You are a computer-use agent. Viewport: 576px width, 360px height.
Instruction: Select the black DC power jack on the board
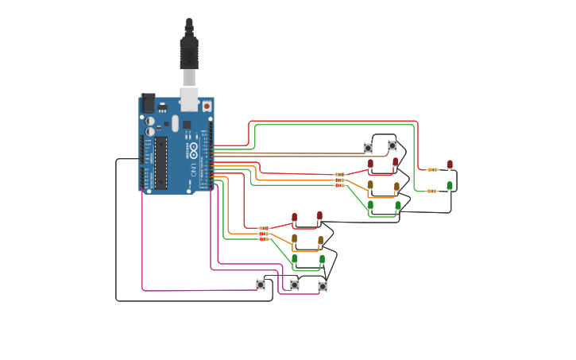pyautogui.click(x=148, y=103)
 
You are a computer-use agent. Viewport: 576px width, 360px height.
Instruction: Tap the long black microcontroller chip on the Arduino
pyautogui.click(x=160, y=163)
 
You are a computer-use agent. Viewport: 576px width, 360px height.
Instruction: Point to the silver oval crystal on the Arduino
pyautogui.click(x=175, y=123)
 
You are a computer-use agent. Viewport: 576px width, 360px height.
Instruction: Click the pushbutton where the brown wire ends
pyautogui.click(x=392, y=145)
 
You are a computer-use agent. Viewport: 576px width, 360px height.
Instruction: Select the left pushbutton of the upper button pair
pyautogui.click(x=368, y=148)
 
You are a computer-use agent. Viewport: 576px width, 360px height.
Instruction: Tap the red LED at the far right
pyautogui.click(x=450, y=165)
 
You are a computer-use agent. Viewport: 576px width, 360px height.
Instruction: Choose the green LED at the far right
pyautogui.click(x=450, y=185)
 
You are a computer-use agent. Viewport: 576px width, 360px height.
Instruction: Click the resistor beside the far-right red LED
pyautogui.click(x=432, y=169)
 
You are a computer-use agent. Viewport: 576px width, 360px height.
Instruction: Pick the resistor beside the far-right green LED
pyautogui.click(x=432, y=191)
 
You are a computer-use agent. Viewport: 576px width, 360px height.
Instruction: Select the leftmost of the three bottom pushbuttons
pyautogui.click(x=261, y=284)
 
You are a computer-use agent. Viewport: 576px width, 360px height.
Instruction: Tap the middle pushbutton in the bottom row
pyautogui.click(x=295, y=285)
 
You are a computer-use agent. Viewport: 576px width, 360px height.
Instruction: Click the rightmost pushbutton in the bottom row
pyautogui.click(x=323, y=286)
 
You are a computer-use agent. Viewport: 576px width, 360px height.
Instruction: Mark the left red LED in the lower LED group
pyautogui.click(x=294, y=217)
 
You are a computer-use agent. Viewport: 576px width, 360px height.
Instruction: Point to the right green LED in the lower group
pyautogui.click(x=322, y=259)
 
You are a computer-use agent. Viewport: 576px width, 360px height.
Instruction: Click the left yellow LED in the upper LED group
pyautogui.click(x=370, y=185)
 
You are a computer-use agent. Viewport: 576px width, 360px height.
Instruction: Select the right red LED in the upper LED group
pyautogui.click(x=396, y=162)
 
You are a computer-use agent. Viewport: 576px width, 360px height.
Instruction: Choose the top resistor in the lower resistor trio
pyautogui.click(x=264, y=228)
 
